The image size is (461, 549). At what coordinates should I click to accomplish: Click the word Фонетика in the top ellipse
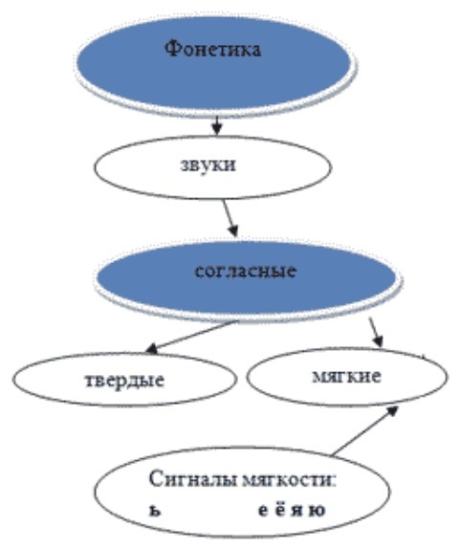213,49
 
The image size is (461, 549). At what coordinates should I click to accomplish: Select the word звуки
209,165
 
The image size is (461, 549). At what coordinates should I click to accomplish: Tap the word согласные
246,272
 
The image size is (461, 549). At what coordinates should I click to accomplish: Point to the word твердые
124,381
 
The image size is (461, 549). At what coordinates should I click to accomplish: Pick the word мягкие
346,377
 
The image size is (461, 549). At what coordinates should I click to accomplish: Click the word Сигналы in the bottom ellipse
193,480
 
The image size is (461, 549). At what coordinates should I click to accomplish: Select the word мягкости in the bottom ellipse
286,480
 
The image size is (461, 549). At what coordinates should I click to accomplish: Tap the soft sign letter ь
155,511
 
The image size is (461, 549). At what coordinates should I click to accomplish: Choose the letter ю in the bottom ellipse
318,511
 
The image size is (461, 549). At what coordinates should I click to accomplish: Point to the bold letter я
297,511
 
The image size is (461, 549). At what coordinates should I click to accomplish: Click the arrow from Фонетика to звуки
217,125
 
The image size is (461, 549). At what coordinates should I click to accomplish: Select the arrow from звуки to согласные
230,218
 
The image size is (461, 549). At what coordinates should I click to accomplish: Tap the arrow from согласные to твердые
191,337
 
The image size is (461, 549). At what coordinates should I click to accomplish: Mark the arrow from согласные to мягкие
376,332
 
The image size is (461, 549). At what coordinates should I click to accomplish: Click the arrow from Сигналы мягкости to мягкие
364,430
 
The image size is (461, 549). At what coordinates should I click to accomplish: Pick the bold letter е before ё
264,511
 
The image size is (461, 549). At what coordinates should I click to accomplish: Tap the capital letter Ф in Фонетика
172,49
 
